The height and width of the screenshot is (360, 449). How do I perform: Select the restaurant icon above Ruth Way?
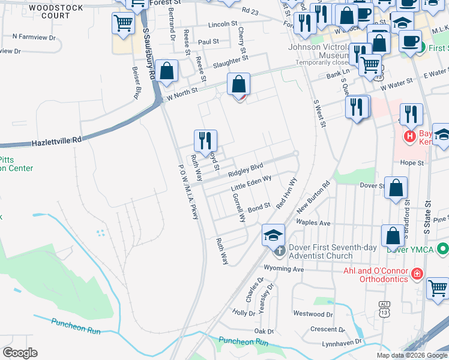pos(205,140)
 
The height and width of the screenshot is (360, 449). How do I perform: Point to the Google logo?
pos(20,353)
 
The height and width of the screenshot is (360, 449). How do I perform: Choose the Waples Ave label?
pos(313,223)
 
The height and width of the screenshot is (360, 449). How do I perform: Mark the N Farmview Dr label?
pos(34,37)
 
